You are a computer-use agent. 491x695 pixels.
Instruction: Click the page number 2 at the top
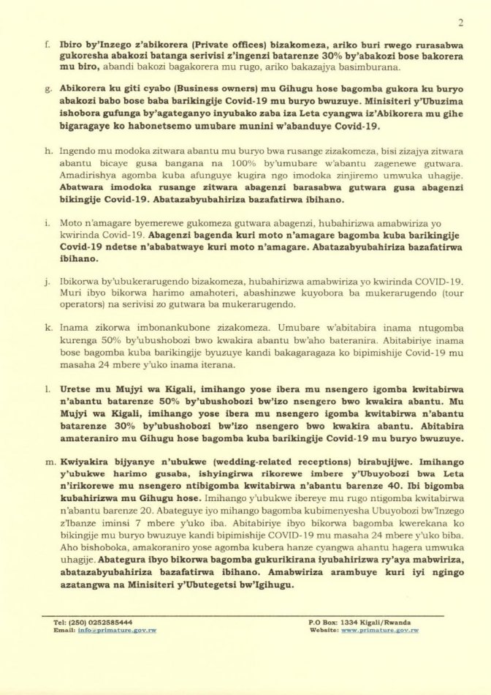pos(460,23)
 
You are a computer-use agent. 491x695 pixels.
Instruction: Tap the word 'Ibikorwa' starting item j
pos(81,281)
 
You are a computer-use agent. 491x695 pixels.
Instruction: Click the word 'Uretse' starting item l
pos(79,391)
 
